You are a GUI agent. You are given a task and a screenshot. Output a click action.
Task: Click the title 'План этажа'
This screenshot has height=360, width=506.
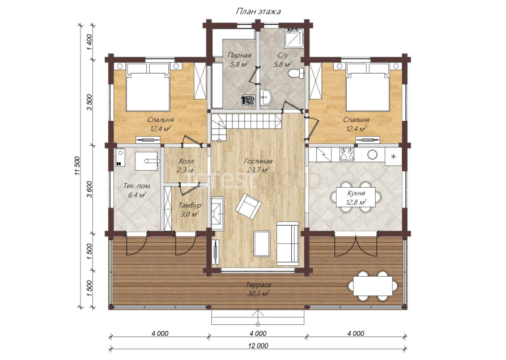[258, 12]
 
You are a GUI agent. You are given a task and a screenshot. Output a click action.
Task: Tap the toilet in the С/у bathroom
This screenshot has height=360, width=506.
[296, 73]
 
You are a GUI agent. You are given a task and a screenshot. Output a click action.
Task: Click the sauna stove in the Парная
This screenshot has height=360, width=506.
[249, 100]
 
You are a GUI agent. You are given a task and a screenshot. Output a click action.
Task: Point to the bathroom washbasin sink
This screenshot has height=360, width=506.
[266, 97]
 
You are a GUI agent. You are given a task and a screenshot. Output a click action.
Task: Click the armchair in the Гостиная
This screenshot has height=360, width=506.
[248, 206]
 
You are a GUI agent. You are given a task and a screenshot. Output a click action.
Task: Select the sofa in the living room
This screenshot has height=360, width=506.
[288, 242]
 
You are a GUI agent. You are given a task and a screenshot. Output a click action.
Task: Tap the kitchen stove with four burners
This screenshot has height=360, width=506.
[346, 154]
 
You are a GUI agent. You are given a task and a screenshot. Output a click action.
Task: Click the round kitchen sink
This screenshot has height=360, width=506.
[373, 154]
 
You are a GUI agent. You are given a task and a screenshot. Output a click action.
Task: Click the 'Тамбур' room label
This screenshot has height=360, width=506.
[190, 205]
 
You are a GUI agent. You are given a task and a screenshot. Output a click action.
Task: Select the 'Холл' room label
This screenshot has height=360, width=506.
[186, 161]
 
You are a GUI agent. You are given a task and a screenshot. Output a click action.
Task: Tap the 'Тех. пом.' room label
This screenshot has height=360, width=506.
[138, 186]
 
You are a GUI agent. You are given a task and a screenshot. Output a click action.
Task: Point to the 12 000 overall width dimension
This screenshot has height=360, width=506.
[258, 345]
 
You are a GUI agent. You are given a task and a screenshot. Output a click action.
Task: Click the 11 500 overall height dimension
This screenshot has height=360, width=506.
[77, 166]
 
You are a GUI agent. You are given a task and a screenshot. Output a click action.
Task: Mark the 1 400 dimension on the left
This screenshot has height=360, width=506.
[90, 41]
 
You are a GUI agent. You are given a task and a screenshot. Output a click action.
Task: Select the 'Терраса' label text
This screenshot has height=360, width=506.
[258, 285]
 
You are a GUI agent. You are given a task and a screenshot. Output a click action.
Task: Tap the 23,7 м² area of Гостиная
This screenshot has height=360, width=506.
[258, 170]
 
